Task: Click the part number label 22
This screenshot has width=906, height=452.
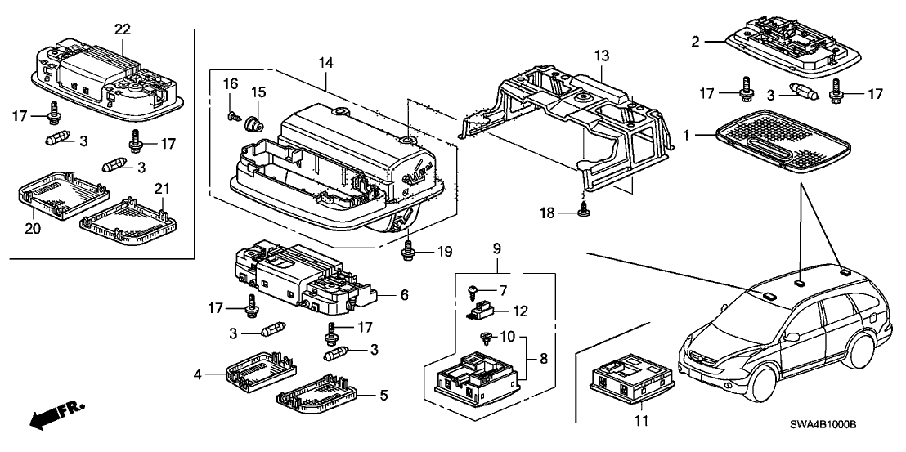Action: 123,29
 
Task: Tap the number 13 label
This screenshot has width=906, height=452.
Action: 602,56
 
